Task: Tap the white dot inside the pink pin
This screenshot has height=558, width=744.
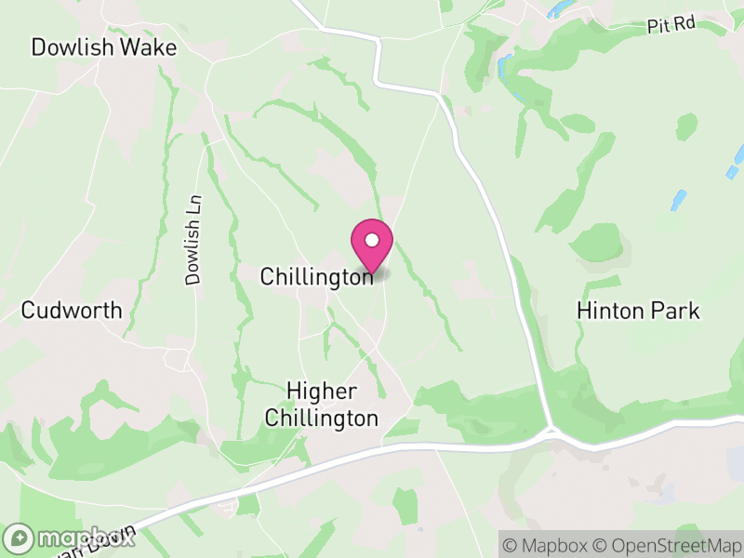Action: tap(372, 240)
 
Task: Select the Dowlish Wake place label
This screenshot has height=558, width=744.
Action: tap(103, 47)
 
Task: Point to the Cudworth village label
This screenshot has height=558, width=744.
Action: tap(72, 310)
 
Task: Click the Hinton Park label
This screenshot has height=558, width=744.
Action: tap(638, 310)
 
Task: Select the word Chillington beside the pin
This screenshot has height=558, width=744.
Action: tap(316, 276)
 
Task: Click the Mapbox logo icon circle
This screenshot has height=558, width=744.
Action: tap(20, 538)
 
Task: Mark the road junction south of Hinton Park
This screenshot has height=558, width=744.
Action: tap(551, 432)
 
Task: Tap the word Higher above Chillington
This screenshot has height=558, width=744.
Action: tap(322, 392)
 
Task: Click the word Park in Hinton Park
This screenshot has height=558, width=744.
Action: tap(675, 310)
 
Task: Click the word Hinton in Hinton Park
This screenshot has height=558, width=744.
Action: tap(610, 310)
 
